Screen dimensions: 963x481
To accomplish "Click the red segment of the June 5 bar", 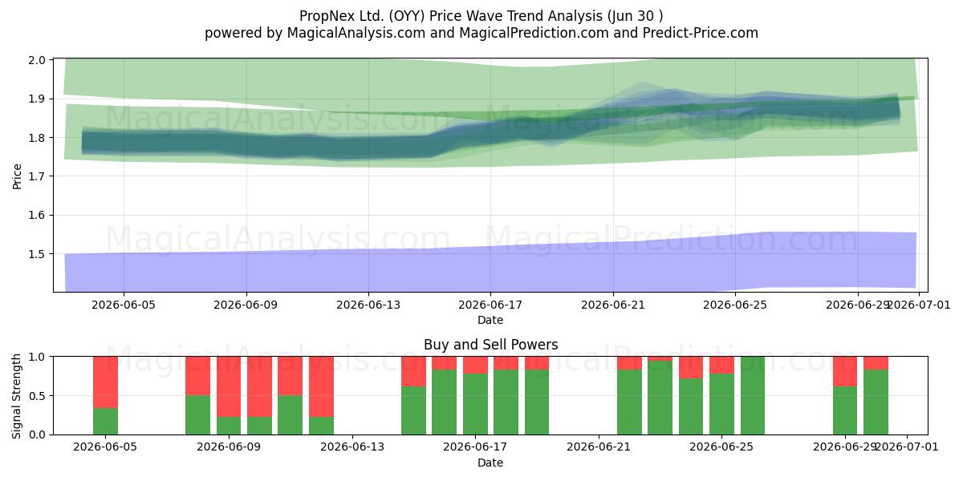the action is (x=105, y=382).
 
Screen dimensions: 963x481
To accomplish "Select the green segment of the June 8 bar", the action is (x=197, y=415).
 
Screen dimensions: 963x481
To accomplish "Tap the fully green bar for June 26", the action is (x=753, y=395).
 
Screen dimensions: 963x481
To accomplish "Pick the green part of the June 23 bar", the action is (x=660, y=398).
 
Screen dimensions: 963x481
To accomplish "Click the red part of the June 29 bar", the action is (x=845, y=371).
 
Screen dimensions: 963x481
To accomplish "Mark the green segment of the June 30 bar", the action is (x=876, y=402).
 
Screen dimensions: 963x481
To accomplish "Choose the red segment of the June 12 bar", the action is (x=321, y=386).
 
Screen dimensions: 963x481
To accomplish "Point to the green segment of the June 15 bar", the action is (x=413, y=410).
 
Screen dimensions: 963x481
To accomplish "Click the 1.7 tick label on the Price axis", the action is (x=37, y=176).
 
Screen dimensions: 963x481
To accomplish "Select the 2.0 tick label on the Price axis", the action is (x=37, y=59).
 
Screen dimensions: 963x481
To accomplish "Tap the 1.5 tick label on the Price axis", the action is (x=37, y=254).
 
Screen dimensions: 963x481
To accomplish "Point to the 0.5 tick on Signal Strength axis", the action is (x=37, y=395).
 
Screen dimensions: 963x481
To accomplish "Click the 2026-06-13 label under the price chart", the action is (x=368, y=305).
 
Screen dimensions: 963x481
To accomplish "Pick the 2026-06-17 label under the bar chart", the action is (x=475, y=447).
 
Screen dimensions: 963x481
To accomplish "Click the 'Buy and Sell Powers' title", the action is (x=490, y=345).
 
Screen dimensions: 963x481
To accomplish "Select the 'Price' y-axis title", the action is (x=17, y=176).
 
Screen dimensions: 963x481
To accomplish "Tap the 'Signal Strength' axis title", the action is (x=16, y=396).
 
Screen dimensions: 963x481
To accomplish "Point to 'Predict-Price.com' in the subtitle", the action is (x=701, y=33).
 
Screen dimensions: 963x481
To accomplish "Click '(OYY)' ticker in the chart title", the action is (x=407, y=16).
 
